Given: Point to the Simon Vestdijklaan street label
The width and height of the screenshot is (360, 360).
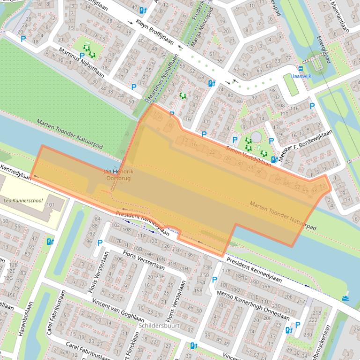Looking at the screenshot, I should [x=248, y=155].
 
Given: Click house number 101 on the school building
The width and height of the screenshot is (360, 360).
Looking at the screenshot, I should [x=50, y=205].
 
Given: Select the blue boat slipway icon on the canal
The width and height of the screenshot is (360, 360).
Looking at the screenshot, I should [x=345, y=297].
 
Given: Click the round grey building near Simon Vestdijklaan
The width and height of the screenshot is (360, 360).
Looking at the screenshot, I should [x=257, y=137].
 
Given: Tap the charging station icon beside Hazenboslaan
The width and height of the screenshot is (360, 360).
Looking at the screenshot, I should [x=50, y=242].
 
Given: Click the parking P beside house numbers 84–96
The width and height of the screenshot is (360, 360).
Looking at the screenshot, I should [x=100, y=243].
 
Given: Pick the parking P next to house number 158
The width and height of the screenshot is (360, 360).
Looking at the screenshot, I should [x=215, y=280].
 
